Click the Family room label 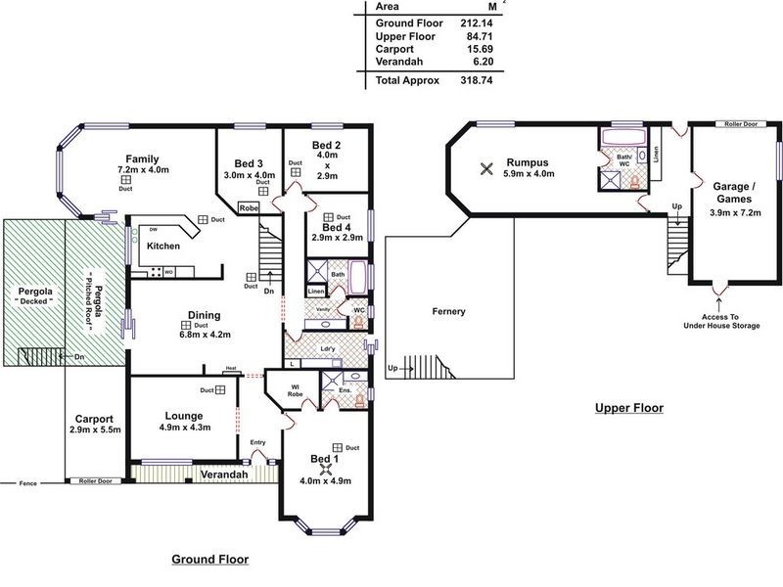pyautogui.click(x=141, y=159)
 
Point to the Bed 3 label pyautogui.click(x=248, y=162)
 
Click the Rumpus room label pyautogui.click(x=530, y=161)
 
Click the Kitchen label pyautogui.click(x=162, y=247)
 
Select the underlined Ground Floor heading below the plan pyautogui.click(x=209, y=561)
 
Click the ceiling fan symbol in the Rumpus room pyautogui.click(x=485, y=168)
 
